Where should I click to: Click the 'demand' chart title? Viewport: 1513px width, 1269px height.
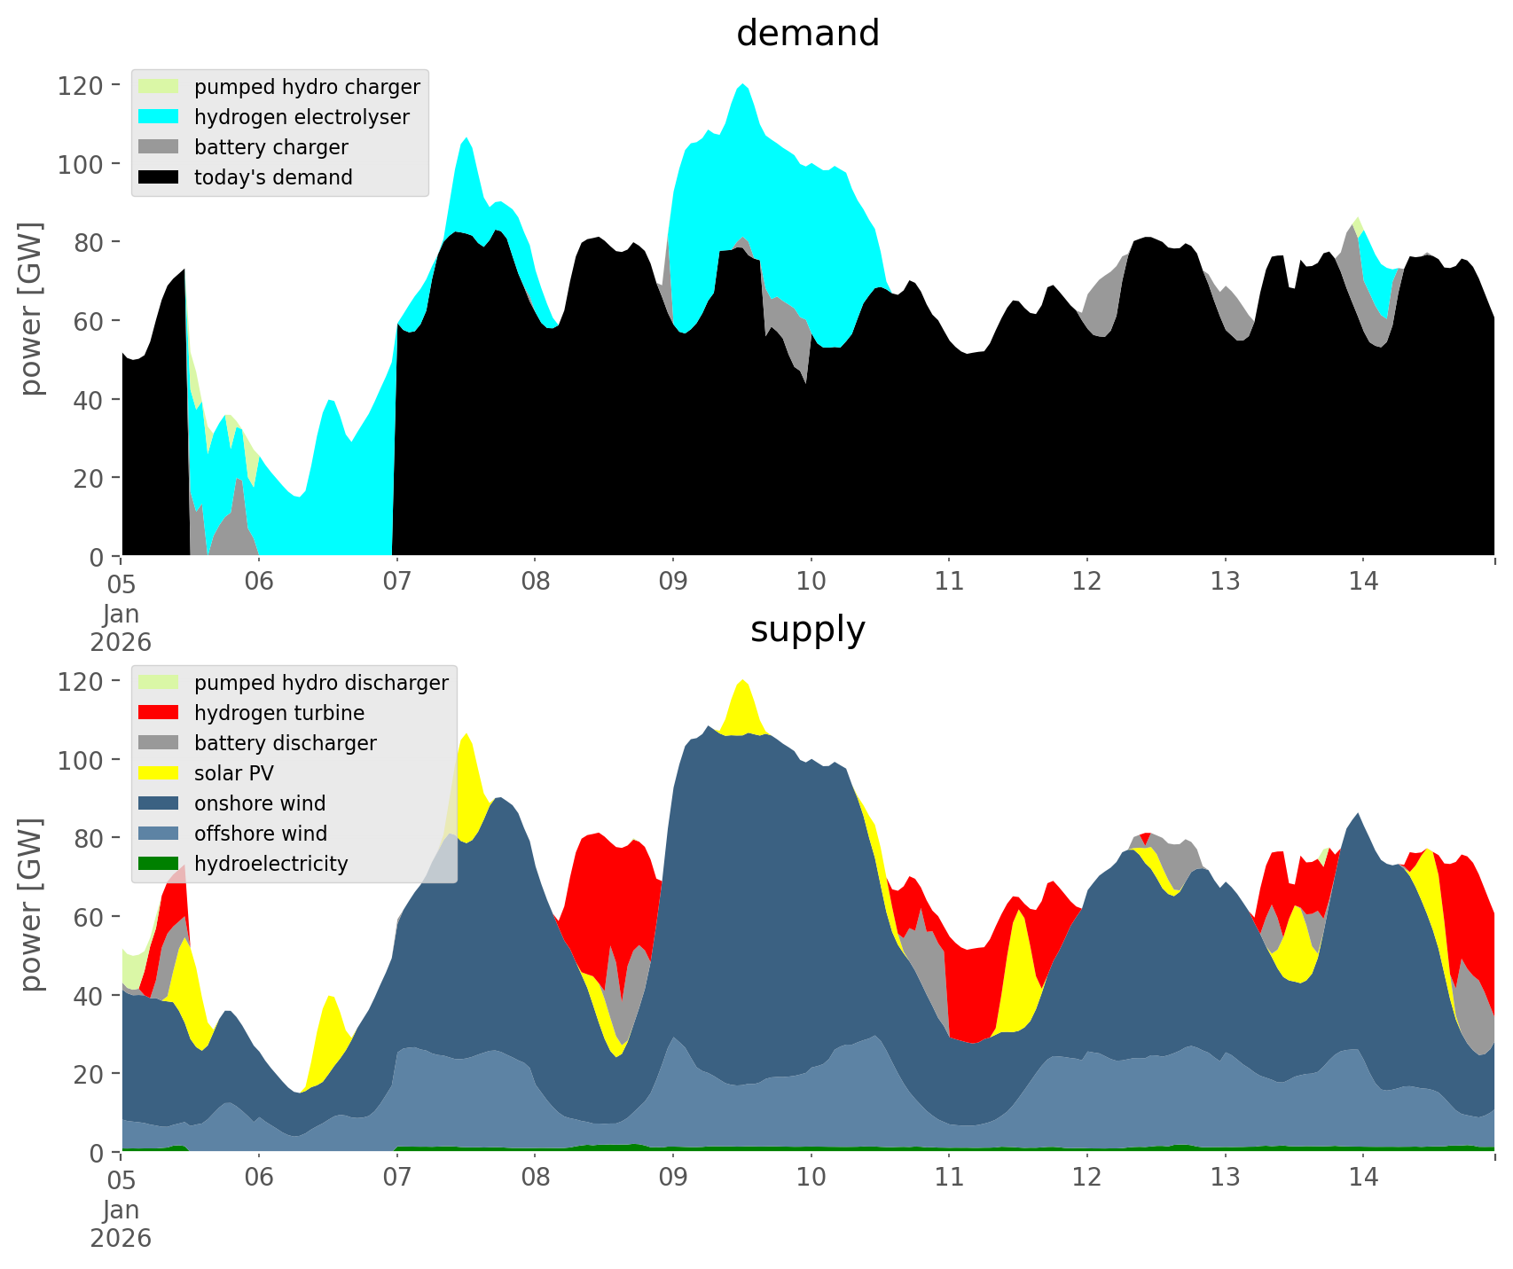pyautogui.click(x=807, y=34)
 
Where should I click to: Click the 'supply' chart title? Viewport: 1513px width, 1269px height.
pyautogui.click(x=807, y=630)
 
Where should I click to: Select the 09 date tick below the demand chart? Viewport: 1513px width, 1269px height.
pyautogui.click(x=673, y=582)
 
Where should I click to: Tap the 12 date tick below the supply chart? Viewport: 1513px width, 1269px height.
pyautogui.click(x=1086, y=1178)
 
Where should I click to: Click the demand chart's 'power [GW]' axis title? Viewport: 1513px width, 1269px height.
pyautogui.click(x=31, y=309)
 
